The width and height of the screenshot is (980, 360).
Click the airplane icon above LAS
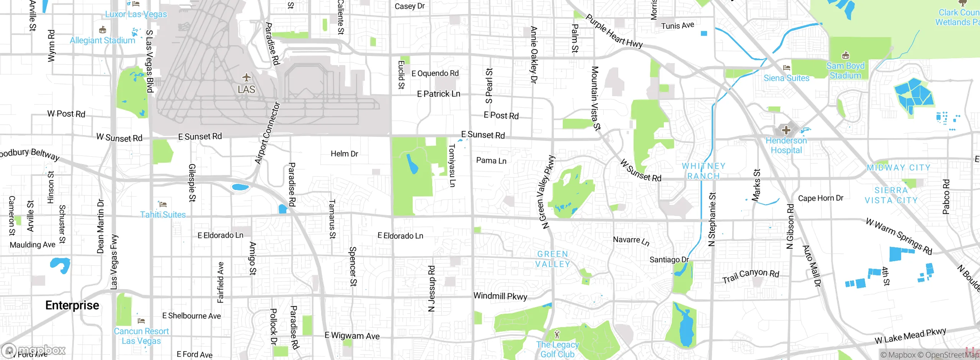(247, 78)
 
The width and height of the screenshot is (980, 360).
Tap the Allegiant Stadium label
(102, 40)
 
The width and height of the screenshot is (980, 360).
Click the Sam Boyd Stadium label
(845, 71)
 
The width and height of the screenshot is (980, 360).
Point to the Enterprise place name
(72, 305)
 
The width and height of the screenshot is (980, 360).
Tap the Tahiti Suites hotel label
(163, 214)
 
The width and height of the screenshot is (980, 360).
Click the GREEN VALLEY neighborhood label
(552, 259)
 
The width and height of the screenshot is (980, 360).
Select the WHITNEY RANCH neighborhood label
(704, 171)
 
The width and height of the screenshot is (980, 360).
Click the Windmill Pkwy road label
(500, 296)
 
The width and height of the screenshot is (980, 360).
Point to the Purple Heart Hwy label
(614, 31)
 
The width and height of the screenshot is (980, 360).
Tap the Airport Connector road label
(268, 133)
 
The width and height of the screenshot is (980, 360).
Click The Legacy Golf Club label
(557, 349)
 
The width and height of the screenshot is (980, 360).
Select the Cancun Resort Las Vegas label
(141, 336)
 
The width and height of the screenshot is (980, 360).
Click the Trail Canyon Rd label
(751, 275)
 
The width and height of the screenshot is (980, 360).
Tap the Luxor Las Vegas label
(136, 14)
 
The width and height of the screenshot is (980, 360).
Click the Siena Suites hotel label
(786, 78)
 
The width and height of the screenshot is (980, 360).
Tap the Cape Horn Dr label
(820, 198)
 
